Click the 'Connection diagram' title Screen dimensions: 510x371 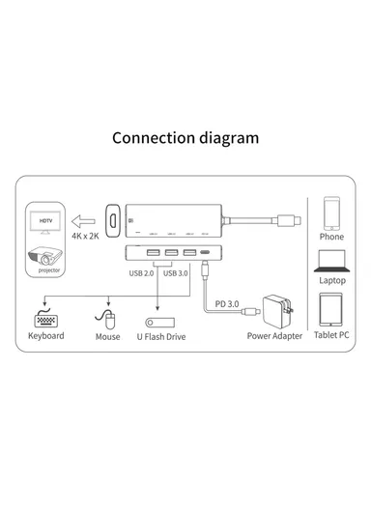click(185, 137)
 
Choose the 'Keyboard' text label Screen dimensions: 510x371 click(45, 336)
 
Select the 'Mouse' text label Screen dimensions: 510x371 click(108, 336)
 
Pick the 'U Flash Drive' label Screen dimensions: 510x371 click(160, 337)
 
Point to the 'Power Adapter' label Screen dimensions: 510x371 click(274, 336)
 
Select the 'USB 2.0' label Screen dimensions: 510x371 click(142, 273)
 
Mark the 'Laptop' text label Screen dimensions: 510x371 click(331, 281)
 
